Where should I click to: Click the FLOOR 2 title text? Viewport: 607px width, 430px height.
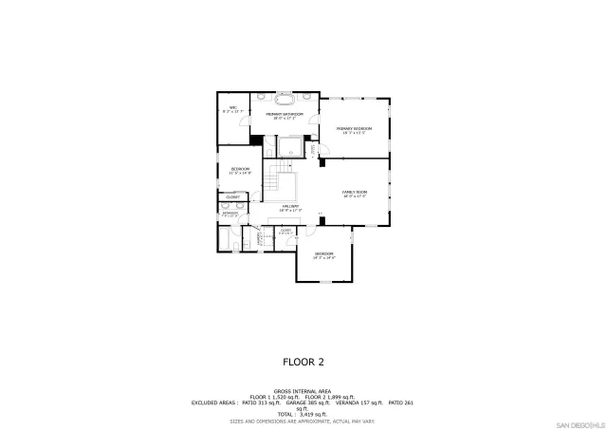tap(303, 362)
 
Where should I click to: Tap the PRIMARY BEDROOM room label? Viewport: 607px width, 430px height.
tap(357, 129)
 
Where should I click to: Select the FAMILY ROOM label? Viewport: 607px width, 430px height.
tap(355, 194)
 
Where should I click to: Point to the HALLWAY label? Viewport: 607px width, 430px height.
tap(290, 207)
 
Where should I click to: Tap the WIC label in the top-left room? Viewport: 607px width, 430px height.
tap(232, 109)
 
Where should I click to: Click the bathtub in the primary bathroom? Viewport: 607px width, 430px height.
tap(285, 98)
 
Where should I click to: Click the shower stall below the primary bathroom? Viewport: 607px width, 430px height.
tap(293, 148)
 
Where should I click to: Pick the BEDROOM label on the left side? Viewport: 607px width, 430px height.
tap(240, 170)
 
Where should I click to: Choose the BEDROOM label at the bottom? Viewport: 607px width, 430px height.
tap(324, 255)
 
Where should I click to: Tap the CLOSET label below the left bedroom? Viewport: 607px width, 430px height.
tap(233, 196)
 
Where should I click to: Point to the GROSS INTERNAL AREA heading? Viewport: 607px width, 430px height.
tap(303, 390)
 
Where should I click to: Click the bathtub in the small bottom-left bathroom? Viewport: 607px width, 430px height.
tap(224, 243)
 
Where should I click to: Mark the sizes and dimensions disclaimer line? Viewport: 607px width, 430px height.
tap(303, 421)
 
